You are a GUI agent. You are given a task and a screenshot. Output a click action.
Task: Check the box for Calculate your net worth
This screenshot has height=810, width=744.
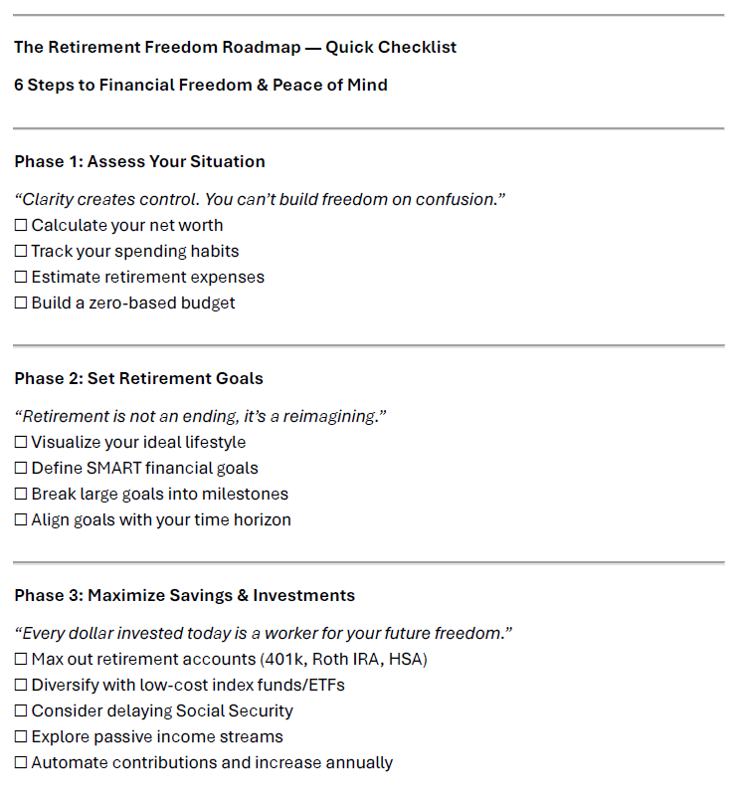coord(21,226)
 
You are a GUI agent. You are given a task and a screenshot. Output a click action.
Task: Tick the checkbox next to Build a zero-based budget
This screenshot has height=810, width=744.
coord(21,304)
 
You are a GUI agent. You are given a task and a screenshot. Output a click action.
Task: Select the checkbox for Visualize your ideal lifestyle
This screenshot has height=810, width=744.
coord(21,443)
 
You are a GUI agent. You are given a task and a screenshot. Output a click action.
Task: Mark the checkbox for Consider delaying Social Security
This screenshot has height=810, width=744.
coord(21,711)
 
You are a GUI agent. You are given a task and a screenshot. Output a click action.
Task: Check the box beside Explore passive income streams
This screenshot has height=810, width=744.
coord(21,737)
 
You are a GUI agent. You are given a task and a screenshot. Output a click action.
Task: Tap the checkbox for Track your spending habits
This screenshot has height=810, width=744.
coord(21,252)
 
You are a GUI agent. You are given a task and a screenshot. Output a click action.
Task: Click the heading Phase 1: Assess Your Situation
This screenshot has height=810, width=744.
coord(139,161)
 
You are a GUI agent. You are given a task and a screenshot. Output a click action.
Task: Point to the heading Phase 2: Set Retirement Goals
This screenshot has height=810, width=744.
coord(138,378)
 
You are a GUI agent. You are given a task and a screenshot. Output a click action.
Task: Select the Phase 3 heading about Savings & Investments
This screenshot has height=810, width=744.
coord(184,595)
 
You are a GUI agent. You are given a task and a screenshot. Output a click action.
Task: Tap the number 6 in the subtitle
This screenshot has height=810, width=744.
coord(19,85)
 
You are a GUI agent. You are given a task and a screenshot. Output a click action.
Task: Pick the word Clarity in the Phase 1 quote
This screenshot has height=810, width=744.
coord(48,199)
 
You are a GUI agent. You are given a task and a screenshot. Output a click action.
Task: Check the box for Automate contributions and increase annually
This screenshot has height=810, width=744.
coord(21,763)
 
